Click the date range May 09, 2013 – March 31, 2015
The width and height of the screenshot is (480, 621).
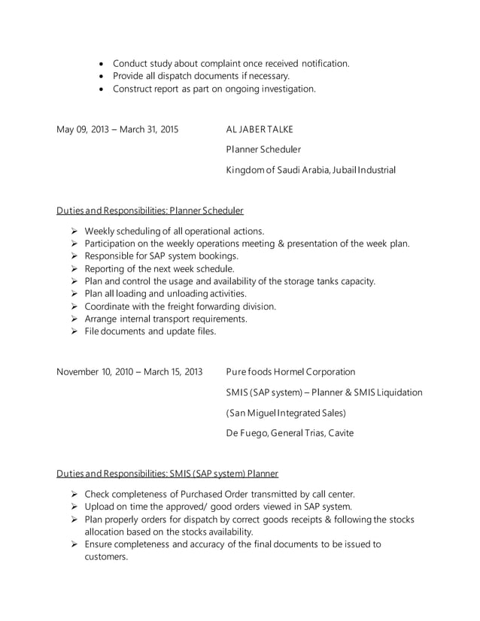(117, 129)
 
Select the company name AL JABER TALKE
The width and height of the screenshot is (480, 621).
(260, 129)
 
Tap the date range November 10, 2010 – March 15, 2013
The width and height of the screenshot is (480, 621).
(129, 372)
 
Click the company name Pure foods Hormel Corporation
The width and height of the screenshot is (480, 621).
(290, 372)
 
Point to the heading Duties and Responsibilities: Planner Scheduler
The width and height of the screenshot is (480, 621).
(150, 211)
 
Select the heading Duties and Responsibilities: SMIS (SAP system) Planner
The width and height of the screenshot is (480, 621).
(167, 474)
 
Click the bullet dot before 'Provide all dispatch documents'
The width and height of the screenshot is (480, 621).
(102, 76)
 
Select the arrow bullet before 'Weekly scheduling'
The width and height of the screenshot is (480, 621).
(74, 231)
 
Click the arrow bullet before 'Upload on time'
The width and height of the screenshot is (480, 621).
(74, 507)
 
